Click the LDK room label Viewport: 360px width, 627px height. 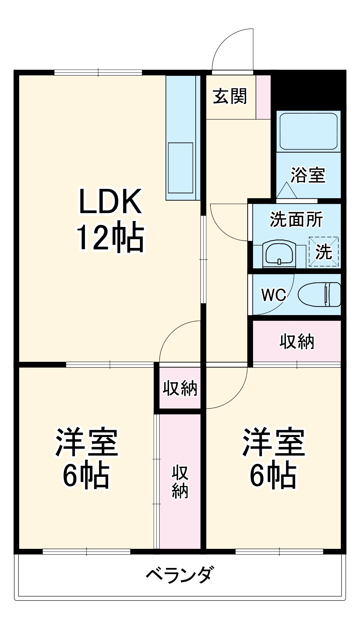pyautogui.click(x=110, y=201)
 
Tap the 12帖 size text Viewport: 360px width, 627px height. pyautogui.click(x=110, y=237)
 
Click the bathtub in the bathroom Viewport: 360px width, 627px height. pyautogui.click(x=308, y=131)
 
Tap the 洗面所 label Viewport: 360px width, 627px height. pyautogui.click(x=296, y=219)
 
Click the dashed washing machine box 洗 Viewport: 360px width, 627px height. pyautogui.click(x=324, y=252)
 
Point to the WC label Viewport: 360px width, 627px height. pyautogui.click(x=274, y=295)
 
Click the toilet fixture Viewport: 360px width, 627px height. pyautogui.click(x=319, y=294)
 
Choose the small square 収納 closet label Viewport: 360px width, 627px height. pyautogui.click(x=180, y=388)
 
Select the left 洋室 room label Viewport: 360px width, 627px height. pyautogui.click(x=87, y=442)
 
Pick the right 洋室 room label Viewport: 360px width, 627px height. pyautogui.click(x=273, y=442)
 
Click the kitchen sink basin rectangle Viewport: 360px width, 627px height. pyautogui.click(x=181, y=168)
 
